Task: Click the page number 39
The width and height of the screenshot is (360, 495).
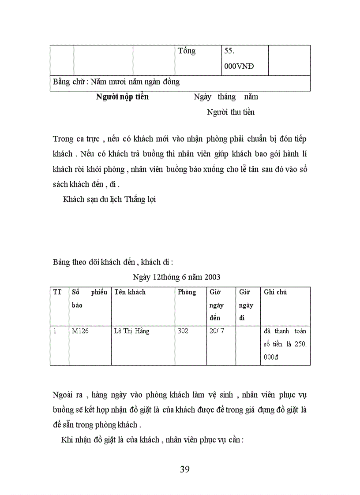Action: click(x=185, y=469)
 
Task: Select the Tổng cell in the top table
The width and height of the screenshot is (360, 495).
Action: click(x=187, y=51)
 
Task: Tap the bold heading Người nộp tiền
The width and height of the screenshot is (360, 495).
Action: click(x=122, y=97)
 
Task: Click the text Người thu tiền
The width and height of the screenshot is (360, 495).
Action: click(x=231, y=112)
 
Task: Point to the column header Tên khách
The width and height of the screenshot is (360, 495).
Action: click(x=130, y=292)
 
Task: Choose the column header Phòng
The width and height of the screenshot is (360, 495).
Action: click(x=187, y=292)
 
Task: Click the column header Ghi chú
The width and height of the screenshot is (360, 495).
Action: click(x=275, y=292)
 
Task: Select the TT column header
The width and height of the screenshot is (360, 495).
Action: click(x=57, y=292)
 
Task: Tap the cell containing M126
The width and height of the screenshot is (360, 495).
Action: click(x=80, y=331)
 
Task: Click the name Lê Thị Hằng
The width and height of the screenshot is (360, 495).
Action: click(x=131, y=331)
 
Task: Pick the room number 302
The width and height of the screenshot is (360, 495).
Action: click(x=183, y=331)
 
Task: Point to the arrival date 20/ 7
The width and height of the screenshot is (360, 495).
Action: click(x=217, y=331)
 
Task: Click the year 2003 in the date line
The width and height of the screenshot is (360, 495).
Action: click(x=211, y=277)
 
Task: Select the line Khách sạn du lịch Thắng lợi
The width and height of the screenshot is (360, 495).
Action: click(x=109, y=199)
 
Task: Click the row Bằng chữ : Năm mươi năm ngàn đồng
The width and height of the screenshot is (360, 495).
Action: click(x=116, y=82)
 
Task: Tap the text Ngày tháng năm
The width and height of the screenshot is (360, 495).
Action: click(x=226, y=97)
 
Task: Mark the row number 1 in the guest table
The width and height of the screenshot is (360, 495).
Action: click(x=55, y=331)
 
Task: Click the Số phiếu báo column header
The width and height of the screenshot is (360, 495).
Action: click(x=89, y=298)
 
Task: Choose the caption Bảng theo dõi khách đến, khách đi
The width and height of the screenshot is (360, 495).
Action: click(x=113, y=263)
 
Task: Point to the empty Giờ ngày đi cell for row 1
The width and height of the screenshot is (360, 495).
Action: click(x=248, y=345)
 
